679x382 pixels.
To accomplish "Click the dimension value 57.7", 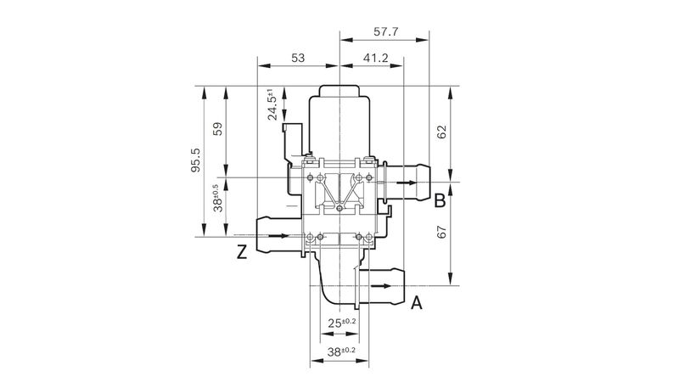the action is [x=386, y=31].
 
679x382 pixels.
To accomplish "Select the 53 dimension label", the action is [x=298, y=58].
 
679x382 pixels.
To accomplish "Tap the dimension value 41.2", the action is [x=375, y=58].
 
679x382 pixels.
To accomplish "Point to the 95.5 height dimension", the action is [x=196, y=160].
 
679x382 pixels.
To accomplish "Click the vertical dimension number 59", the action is [x=218, y=129].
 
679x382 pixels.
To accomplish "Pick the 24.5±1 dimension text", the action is [x=272, y=104].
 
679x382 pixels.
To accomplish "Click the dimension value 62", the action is [x=441, y=132].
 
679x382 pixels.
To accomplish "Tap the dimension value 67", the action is [x=441, y=232].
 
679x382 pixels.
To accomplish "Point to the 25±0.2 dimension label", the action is [x=342, y=323].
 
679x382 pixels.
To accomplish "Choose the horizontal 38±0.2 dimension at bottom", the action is [x=341, y=351].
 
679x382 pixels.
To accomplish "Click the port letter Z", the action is [x=242, y=251].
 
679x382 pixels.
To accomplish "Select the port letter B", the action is [x=440, y=200].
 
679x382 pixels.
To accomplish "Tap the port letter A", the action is [x=416, y=303].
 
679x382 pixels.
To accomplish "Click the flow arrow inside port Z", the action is [x=278, y=236].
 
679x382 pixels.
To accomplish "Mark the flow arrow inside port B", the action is [x=407, y=183].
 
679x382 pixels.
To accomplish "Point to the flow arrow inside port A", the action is [x=381, y=286].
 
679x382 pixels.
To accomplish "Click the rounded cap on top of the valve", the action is [x=339, y=91].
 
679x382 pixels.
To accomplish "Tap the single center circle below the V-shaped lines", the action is [x=339, y=209].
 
